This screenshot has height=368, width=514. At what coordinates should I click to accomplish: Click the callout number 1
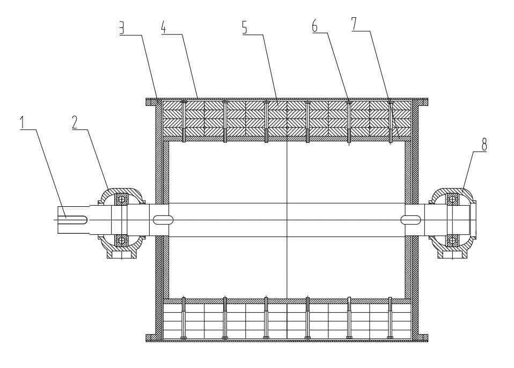[23, 122]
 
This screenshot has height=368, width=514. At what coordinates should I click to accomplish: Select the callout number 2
[75, 122]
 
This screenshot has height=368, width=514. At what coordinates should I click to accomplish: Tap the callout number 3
[122, 28]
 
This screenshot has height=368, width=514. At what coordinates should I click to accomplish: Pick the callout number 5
[245, 28]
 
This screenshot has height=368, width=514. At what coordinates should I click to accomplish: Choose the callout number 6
[315, 26]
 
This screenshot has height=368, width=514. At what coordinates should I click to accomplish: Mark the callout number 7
[354, 24]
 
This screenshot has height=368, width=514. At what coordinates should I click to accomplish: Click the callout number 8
[484, 145]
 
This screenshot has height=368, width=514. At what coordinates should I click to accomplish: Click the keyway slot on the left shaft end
[75, 219]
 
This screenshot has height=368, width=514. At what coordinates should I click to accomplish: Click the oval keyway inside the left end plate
[163, 219]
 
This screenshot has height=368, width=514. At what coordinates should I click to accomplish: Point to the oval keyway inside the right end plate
[411, 219]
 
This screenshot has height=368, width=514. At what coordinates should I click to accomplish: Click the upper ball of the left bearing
[122, 199]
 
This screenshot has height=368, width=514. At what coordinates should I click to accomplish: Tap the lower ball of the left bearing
[122, 240]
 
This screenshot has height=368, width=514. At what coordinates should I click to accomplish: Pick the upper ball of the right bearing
[452, 199]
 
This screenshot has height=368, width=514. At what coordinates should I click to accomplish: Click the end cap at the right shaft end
[473, 219]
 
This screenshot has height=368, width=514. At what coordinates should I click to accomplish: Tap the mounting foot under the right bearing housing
[452, 253]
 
